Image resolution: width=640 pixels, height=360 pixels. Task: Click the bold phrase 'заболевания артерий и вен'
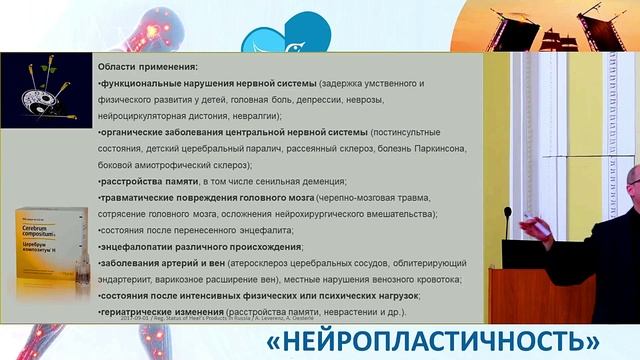[x=159, y=263]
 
